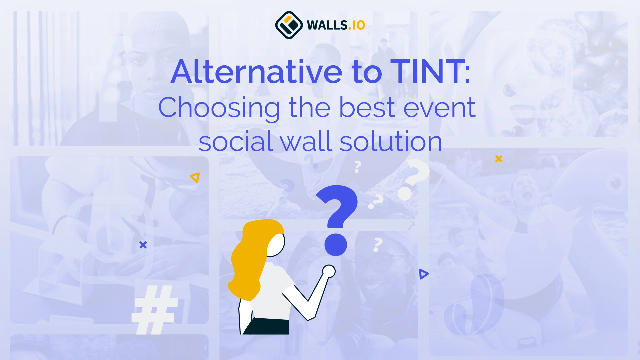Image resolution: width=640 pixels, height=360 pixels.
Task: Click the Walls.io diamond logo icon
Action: pos(289,25)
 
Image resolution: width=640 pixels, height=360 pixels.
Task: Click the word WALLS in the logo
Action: pos(327,25)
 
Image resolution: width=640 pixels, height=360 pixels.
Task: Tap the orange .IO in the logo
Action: pos(357,25)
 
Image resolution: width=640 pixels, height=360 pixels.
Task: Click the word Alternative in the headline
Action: pos(256,72)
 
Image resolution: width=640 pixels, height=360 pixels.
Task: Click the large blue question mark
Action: pos(337,217)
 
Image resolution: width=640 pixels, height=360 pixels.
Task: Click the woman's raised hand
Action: pos(329,271)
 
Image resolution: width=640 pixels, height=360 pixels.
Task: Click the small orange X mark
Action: pos(499,159)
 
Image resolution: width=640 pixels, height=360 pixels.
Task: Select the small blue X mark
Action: pos(143,245)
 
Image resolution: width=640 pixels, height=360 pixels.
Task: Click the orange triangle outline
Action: pos(195,177)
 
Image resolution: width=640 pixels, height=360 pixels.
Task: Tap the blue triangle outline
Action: pos(423,274)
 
